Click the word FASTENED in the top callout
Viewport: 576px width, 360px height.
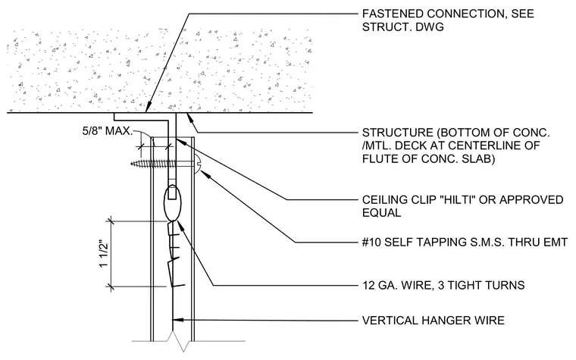393,14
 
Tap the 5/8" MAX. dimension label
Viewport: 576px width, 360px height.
108,131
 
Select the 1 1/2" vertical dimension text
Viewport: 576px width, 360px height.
104,254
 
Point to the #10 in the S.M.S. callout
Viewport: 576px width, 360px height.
371,243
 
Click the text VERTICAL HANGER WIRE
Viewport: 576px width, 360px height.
434,321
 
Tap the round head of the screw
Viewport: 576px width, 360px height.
198,164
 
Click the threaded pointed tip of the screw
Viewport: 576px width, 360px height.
133,164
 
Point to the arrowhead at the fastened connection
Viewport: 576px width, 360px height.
147,108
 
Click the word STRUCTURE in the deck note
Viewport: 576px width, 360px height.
398,133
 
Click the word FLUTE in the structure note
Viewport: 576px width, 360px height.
381,159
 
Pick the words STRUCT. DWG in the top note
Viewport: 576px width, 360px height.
403,27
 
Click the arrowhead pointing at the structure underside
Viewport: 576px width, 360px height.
191,118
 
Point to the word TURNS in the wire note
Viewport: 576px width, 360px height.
505,286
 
